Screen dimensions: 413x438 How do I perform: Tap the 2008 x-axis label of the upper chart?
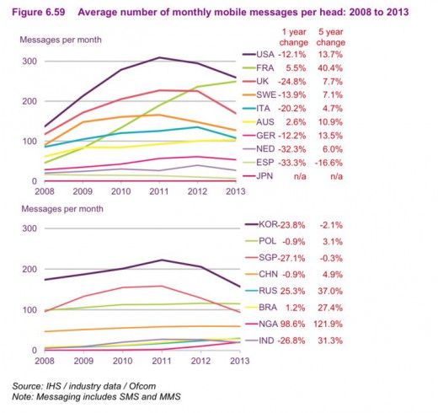[45, 190]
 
